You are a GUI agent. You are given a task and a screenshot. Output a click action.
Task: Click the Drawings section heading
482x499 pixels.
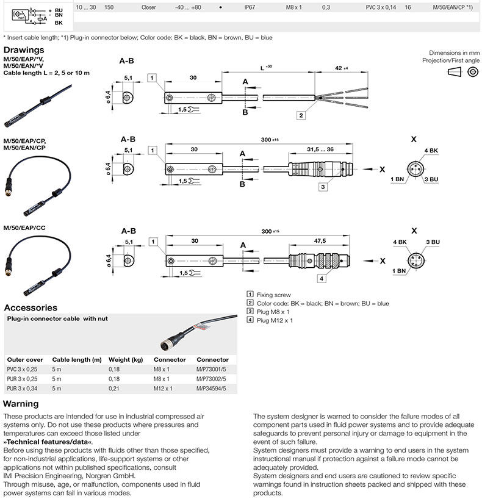pyautogui.click(x=24, y=50)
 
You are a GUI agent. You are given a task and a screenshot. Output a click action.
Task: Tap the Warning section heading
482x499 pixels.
pyautogui.click(x=21, y=403)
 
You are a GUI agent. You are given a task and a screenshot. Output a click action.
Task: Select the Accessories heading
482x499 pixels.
pyautogui.click(x=31, y=307)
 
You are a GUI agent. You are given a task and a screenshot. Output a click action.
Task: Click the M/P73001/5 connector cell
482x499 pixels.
pyautogui.click(x=211, y=370)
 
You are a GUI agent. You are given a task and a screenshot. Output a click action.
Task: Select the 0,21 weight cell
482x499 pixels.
pyautogui.click(x=114, y=389)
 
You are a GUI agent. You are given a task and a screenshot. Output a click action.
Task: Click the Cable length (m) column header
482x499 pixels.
pyautogui.click(x=77, y=360)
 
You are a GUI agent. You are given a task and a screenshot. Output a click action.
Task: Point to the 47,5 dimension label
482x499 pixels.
pyautogui.click(x=320, y=241)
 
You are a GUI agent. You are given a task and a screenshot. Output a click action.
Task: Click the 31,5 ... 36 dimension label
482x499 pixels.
pyautogui.click(x=320, y=149)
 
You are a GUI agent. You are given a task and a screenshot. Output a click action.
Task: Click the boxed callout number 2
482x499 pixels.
pyautogui.click(x=301, y=115)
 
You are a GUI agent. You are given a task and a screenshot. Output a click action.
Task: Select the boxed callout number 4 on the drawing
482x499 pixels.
pyautogui.click(x=322, y=278)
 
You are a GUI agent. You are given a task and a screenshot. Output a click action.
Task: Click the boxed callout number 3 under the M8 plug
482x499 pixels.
pyautogui.click(x=323, y=187)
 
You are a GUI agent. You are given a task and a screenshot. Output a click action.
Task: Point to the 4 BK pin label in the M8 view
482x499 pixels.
pyautogui.click(x=431, y=151)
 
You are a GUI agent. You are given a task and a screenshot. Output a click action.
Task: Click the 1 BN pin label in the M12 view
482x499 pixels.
pyautogui.click(x=399, y=271)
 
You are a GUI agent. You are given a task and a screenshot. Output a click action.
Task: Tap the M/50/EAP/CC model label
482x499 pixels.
pyautogui.click(x=24, y=228)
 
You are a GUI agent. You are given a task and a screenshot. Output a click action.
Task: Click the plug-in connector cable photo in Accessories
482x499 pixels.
pyautogui.click(x=198, y=332)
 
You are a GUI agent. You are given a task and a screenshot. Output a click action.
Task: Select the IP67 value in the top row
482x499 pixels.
pyautogui.click(x=250, y=7)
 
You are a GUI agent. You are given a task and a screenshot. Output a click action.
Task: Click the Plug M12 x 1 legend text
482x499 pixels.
pyautogui.click(x=275, y=320)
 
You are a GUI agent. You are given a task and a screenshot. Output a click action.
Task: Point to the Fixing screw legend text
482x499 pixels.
pyautogui.click(x=274, y=295)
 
